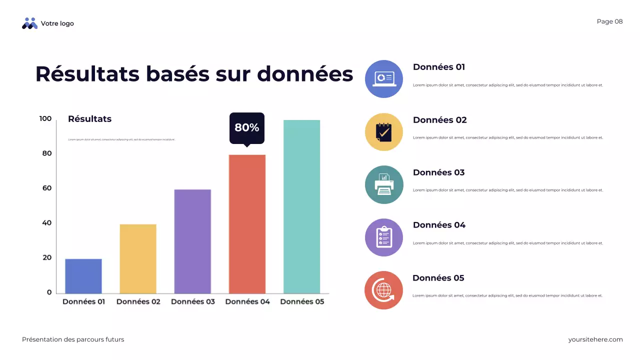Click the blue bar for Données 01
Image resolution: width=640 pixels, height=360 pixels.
click(x=83, y=276)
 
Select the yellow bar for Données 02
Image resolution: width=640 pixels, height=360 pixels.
click(x=138, y=258)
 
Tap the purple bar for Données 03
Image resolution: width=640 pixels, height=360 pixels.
click(x=192, y=241)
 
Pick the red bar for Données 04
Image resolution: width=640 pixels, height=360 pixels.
click(x=247, y=224)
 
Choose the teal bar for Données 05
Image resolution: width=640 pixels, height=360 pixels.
click(x=301, y=206)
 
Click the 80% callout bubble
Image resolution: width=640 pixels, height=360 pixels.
click(x=247, y=128)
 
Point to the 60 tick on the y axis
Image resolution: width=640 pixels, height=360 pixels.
click(x=46, y=188)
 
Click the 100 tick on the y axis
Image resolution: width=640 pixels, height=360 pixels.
click(x=45, y=119)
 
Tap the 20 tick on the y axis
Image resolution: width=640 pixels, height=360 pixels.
click(x=46, y=258)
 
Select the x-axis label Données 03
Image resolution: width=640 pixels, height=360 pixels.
click(x=193, y=302)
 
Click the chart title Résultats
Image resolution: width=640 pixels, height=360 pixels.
click(x=90, y=119)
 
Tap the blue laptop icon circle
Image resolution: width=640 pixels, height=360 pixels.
click(x=384, y=79)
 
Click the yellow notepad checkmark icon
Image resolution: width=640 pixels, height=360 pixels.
click(x=384, y=132)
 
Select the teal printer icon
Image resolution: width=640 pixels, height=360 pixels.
click(x=384, y=185)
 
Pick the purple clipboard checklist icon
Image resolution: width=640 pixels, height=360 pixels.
click(x=384, y=237)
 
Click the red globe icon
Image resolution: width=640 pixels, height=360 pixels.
click(x=384, y=290)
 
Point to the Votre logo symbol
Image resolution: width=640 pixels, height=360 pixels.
click(x=30, y=23)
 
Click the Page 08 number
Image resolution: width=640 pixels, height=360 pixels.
click(x=609, y=21)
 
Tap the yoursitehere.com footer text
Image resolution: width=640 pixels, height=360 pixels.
click(x=595, y=339)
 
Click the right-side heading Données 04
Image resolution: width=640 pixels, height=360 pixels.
click(x=439, y=225)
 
